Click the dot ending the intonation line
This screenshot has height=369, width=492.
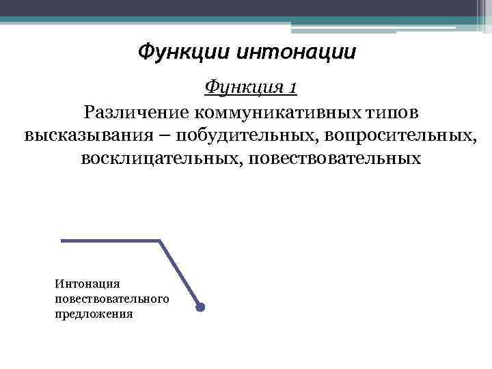(x=200, y=307)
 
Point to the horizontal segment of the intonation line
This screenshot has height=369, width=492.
(x=110, y=241)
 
